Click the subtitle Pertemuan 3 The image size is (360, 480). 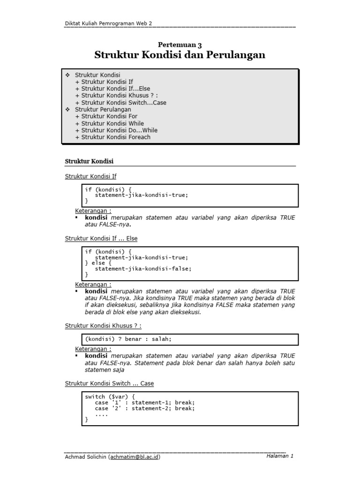(180, 45)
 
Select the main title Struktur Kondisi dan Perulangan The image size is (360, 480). (180, 55)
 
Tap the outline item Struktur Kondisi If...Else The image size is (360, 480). (115, 89)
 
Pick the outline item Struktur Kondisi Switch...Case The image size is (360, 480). (124, 103)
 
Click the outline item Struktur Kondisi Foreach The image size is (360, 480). (116, 137)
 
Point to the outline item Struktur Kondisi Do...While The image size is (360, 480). (119, 130)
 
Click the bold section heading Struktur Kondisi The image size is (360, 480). (89, 161)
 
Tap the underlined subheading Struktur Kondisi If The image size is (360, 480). (90, 176)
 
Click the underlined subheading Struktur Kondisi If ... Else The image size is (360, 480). (101, 239)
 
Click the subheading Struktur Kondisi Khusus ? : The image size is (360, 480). (103, 326)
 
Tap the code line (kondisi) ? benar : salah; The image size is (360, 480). (132, 338)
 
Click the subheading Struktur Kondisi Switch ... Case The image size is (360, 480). (109, 383)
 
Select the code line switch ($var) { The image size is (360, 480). (110, 397)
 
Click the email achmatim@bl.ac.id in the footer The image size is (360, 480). (134, 457)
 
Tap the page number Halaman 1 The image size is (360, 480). (279, 456)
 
